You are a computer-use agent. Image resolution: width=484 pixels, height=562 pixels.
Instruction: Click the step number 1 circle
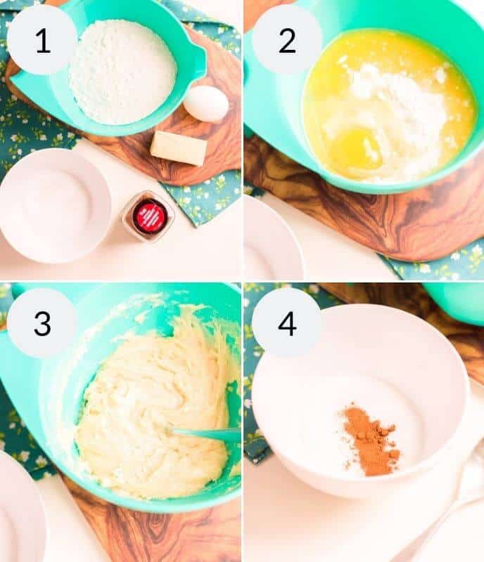tap(42, 40)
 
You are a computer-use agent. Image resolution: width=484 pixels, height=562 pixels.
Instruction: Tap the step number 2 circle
tap(287, 40)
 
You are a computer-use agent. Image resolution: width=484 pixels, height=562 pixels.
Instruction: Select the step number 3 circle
tap(42, 322)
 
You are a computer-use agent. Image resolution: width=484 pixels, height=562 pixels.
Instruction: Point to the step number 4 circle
tap(287, 322)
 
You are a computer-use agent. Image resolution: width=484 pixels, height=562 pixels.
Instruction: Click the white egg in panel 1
tap(206, 104)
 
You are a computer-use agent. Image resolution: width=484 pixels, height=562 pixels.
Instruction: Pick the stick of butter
tap(179, 148)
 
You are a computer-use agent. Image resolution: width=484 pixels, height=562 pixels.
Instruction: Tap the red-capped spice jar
tap(149, 216)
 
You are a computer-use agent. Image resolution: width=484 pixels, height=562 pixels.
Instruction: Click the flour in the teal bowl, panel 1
tap(122, 70)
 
